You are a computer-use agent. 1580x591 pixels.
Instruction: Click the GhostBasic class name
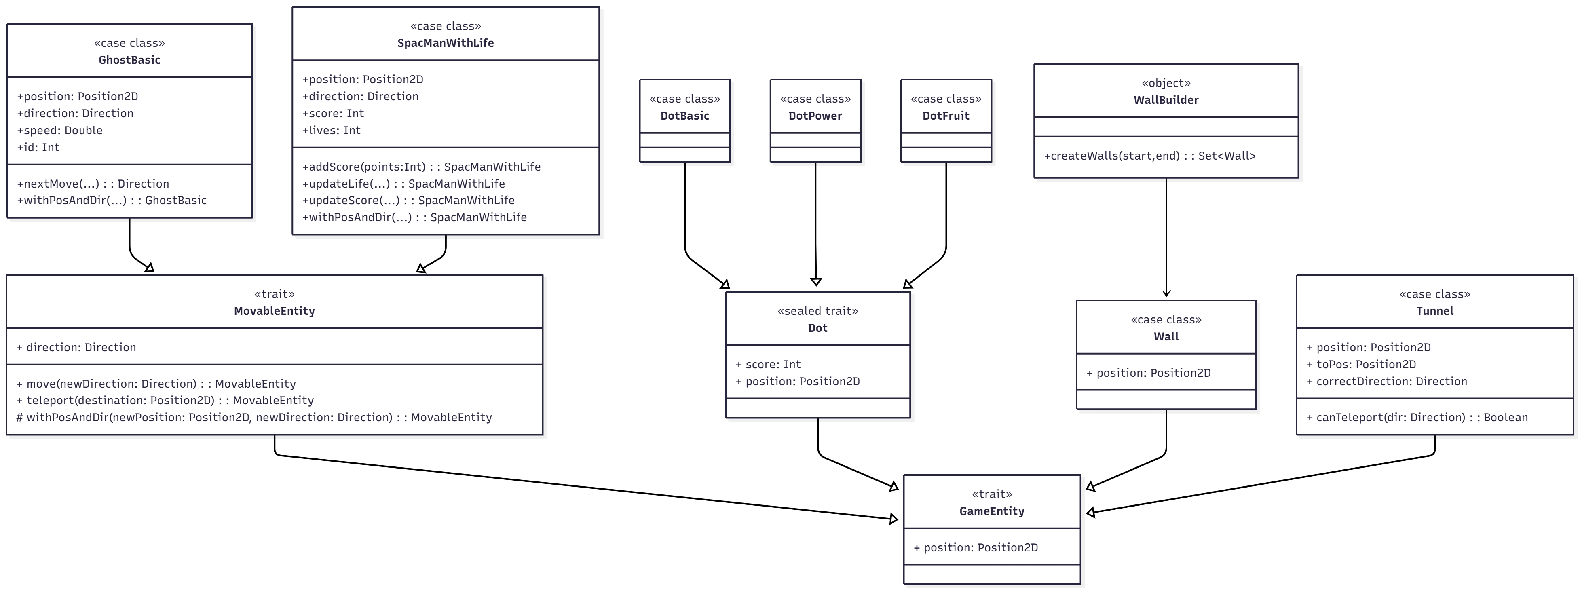click(129, 60)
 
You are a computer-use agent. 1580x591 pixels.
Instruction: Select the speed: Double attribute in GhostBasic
click(60, 130)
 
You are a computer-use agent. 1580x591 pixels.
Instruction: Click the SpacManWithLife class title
click(445, 43)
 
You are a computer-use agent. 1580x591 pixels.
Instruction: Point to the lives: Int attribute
click(332, 130)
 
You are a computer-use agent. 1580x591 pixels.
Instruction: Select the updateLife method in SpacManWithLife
click(403, 183)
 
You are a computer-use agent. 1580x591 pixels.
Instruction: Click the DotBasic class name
click(684, 116)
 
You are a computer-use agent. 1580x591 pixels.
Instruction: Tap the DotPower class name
click(815, 116)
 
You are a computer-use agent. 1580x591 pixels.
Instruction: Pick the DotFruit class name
click(946, 116)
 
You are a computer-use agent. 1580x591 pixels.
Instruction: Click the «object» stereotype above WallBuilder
click(1166, 83)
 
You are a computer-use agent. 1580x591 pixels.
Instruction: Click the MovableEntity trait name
click(274, 311)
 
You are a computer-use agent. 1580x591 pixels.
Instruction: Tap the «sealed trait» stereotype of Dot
click(817, 311)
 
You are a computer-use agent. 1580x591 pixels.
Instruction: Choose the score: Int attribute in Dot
click(769, 364)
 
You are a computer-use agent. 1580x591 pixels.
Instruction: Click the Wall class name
click(1166, 337)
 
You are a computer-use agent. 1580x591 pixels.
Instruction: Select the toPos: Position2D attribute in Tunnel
click(1361, 364)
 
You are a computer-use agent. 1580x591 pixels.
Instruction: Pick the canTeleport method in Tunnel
click(1417, 418)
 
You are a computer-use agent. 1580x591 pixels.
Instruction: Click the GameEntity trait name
click(992, 511)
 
